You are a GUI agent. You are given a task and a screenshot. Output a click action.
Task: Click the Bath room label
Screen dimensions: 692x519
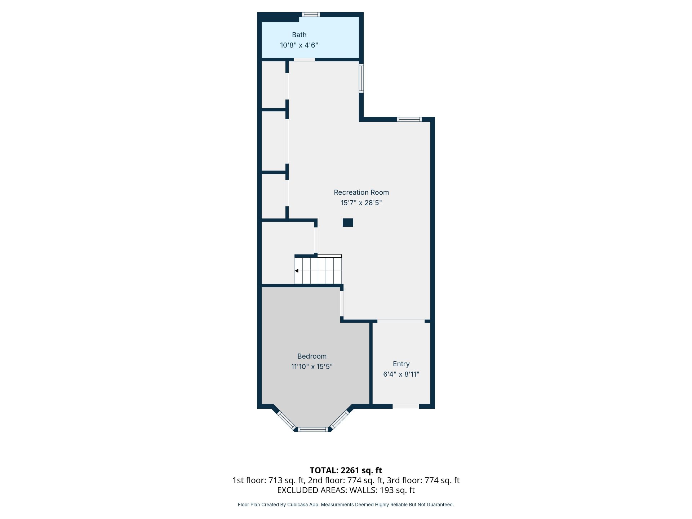click(299, 35)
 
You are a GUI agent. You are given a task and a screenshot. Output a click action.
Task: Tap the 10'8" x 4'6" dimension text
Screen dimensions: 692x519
click(299, 45)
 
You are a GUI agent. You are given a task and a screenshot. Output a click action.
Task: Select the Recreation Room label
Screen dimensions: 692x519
click(361, 192)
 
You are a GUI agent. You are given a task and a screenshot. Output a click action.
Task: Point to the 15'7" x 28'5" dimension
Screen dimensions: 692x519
click(361, 203)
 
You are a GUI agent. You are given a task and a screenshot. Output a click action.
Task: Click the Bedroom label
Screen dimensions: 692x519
click(312, 356)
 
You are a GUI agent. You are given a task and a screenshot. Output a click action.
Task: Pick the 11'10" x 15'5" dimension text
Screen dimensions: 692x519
click(312, 367)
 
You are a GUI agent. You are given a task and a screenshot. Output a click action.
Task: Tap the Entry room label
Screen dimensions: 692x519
click(401, 364)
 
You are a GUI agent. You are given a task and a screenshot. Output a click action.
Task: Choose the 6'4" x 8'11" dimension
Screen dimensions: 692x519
click(401, 374)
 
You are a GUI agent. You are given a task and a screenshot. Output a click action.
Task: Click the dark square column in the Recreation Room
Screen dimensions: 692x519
click(348, 222)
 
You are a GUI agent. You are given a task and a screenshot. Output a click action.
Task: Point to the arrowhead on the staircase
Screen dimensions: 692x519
click(297, 271)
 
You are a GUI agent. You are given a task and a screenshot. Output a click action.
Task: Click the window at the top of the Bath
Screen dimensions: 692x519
click(310, 14)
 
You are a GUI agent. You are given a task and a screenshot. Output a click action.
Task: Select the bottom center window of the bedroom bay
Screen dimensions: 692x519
click(313, 429)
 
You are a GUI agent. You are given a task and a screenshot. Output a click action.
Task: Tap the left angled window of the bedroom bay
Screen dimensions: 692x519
click(286, 420)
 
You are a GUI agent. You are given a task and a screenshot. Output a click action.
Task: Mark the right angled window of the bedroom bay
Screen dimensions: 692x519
click(340, 420)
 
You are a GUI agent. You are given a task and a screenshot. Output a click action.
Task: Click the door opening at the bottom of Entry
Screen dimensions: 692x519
click(406, 406)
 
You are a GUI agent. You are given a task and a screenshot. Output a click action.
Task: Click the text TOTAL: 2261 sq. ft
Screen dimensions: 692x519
click(346, 470)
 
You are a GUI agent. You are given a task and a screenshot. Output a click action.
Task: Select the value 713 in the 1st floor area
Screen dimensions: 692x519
click(275, 480)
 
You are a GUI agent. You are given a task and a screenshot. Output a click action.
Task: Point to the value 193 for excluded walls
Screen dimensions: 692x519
click(386, 490)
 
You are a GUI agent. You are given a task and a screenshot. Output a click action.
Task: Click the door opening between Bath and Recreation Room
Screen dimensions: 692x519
click(305, 59)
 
